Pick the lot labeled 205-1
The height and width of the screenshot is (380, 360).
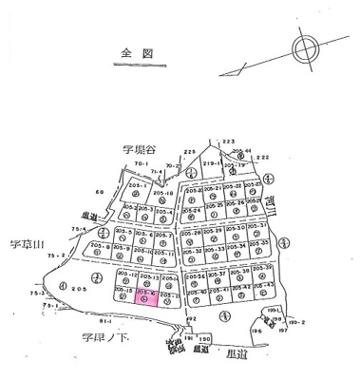tap(137, 190)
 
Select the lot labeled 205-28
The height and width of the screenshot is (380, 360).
tap(190, 236)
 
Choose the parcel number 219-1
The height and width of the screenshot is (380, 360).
tap(212, 162)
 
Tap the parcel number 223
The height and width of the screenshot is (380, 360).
tap(228, 140)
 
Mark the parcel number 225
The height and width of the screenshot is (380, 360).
tap(189, 152)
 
